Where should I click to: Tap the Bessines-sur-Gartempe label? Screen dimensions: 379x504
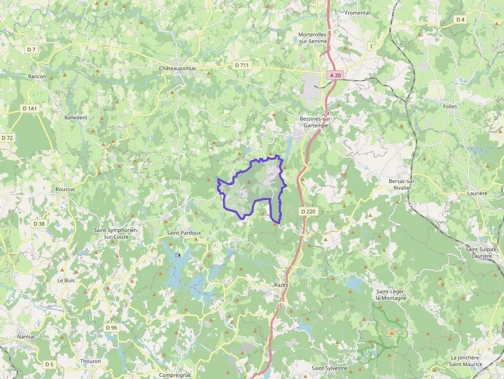pos(316,122)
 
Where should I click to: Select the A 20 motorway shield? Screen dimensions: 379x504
pos(335,75)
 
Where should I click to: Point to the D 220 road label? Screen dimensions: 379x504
pos(308,211)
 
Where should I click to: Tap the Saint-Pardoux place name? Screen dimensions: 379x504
pos(184,233)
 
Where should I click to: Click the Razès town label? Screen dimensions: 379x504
pos(281,285)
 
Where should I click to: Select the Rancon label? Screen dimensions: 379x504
pos(37,76)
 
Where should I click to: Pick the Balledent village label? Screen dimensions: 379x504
pos(76,117)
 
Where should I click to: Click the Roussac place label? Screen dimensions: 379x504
pos(65,189)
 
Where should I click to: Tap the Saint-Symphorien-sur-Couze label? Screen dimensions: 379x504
pos(116,233)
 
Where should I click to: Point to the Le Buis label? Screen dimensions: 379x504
pos(66,280)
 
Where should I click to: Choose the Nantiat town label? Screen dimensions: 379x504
pos(26,336)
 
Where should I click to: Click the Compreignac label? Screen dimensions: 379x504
pos(175,375)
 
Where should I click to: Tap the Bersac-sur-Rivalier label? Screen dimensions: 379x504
pos(402,184)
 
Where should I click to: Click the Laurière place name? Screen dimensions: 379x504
pos(478,193)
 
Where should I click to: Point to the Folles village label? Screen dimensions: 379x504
pos(449,106)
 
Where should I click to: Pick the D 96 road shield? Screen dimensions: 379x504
pos(112,328)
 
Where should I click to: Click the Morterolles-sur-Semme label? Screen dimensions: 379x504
pos(313,38)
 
